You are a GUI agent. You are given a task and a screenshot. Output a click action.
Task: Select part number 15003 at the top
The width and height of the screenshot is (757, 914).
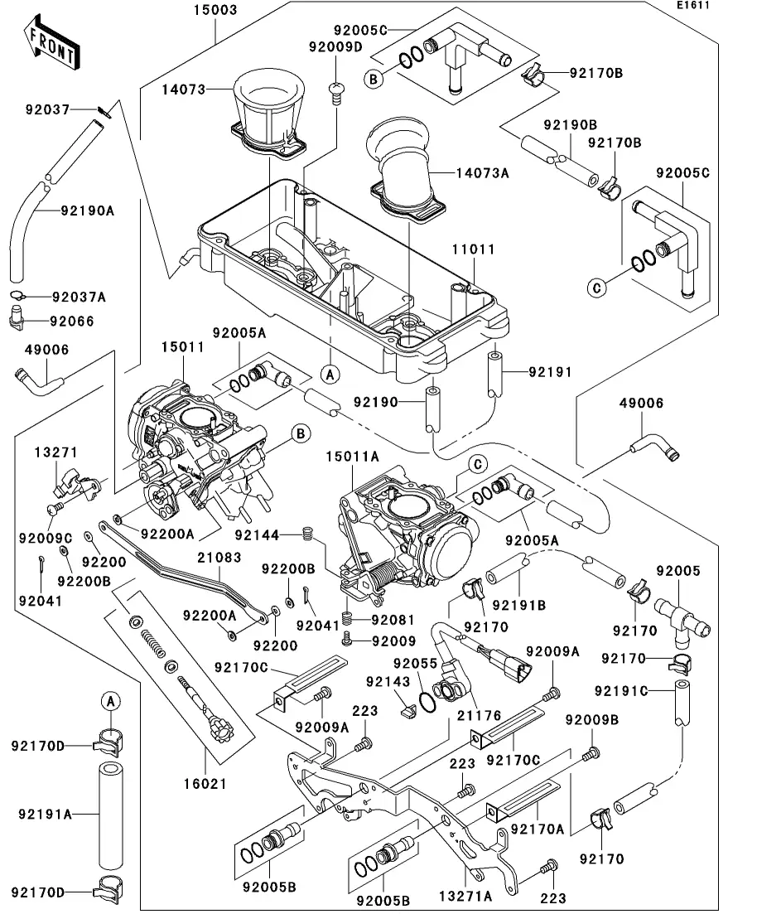click(193, 11)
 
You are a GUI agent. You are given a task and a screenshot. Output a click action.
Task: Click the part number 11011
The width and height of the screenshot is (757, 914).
click(472, 249)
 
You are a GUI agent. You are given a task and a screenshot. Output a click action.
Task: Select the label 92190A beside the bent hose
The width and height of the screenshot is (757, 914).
click(86, 210)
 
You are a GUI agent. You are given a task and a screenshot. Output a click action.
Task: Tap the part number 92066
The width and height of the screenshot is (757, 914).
click(72, 322)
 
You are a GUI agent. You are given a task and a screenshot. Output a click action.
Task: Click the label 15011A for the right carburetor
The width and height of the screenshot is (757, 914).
click(352, 457)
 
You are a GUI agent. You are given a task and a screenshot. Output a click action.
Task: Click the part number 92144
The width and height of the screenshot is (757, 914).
click(262, 536)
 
